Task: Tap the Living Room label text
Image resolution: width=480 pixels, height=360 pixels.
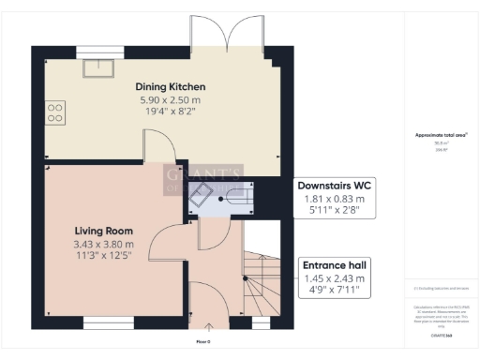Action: [x=103, y=231]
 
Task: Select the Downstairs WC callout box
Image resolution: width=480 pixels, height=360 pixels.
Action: [x=335, y=198]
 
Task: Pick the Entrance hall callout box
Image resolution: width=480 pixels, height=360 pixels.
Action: [x=335, y=278]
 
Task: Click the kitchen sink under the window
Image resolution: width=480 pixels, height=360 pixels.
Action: [x=95, y=67]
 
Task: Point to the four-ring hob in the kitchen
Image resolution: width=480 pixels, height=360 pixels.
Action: [x=55, y=113]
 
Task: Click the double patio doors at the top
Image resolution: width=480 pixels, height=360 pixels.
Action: [x=225, y=36]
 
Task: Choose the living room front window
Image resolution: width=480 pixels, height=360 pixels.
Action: [x=109, y=323]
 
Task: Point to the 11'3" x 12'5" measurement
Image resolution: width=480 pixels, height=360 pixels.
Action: [x=103, y=255]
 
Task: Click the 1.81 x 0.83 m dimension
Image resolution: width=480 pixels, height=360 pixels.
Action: [x=335, y=199]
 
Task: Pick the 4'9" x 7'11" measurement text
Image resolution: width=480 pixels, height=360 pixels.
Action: [x=335, y=292]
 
